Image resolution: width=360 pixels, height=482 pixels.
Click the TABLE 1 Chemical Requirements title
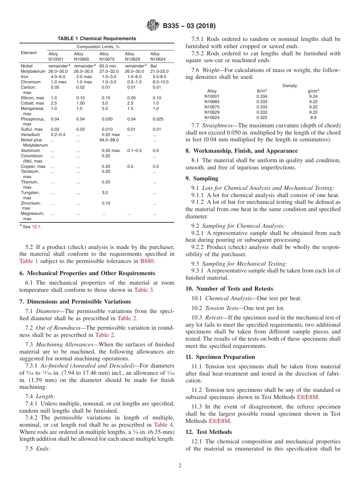[97, 39]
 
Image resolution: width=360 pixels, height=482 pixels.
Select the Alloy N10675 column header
[104, 56]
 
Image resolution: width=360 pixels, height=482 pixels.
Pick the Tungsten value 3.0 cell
[105, 192]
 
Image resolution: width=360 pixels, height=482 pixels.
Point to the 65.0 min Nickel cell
[108, 66]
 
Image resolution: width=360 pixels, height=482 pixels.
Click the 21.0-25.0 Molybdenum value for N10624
[160, 71]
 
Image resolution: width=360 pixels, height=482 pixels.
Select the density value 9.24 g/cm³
[313, 96]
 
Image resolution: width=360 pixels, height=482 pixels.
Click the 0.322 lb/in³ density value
[261, 117]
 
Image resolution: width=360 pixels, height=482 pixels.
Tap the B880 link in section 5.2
[147, 261]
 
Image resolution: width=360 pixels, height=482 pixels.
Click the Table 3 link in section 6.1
[144, 290]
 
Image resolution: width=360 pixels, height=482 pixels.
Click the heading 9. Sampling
[202, 178]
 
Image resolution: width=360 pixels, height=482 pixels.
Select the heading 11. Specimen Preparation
[220, 357]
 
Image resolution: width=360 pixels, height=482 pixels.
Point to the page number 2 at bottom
[180, 466]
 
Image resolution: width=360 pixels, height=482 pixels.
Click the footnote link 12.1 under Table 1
[36, 227]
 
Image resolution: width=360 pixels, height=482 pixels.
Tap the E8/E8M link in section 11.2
[307, 397]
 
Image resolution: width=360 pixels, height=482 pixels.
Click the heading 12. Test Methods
[208, 432]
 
